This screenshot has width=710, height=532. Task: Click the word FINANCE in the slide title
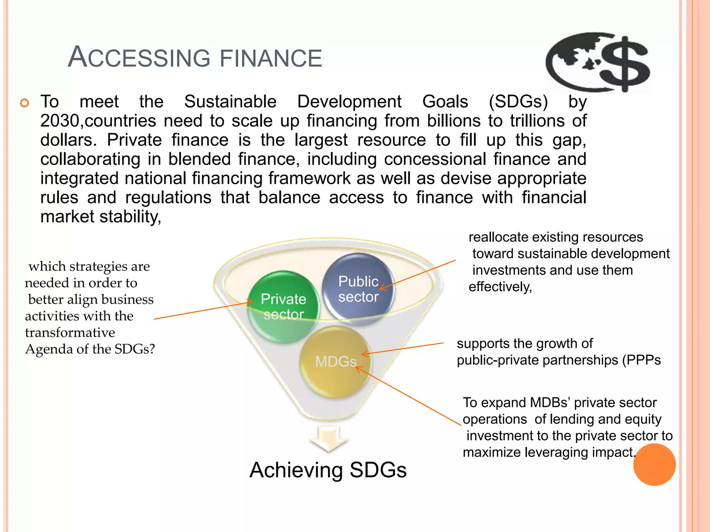[x=271, y=58]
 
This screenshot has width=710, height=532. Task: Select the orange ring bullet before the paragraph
[x=25, y=103]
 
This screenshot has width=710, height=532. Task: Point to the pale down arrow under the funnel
[x=328, y=439]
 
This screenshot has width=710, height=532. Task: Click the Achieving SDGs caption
[x=328, y=470]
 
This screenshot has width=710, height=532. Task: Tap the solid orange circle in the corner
[x=654, y=464]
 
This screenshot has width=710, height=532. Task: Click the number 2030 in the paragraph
[x=60, y=121]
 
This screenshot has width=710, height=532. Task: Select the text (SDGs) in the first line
[x=518, y=102]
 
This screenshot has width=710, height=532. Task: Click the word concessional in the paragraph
[x=435, y=159]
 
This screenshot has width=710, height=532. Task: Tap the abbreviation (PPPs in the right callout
[x=641, y=360]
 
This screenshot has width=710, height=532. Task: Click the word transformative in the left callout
[x=70, y=332]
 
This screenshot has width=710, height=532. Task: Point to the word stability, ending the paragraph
[x=130, y=217]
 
